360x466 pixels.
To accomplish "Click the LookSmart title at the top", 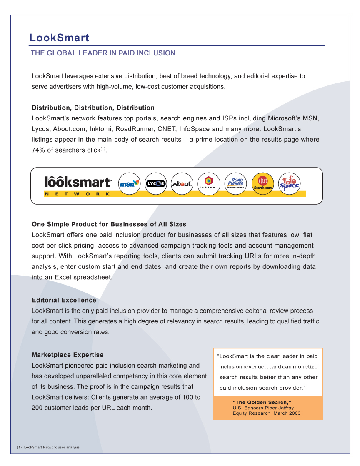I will (59, 38).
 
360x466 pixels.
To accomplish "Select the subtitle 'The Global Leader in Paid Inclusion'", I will (103, 53).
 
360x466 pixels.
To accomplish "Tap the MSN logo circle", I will (130, 183).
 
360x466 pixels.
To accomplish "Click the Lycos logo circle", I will (155, 183).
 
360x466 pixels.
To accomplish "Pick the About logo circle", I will (182, 183).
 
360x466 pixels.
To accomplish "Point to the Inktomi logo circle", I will (208, 183).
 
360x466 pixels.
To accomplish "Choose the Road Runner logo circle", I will (235, 183).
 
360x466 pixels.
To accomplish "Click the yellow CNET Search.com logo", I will (262, 183).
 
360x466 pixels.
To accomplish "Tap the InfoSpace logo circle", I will (289, 183).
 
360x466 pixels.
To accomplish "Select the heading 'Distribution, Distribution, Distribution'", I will (93, 108).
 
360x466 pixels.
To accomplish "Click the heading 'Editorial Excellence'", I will (64, 300).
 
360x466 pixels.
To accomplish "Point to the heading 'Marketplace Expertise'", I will (67, 355).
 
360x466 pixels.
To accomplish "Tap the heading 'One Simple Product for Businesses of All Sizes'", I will (109, 224).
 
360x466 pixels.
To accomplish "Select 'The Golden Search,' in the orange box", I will (262, 403).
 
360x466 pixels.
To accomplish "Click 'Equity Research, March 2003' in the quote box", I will (266, 413).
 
